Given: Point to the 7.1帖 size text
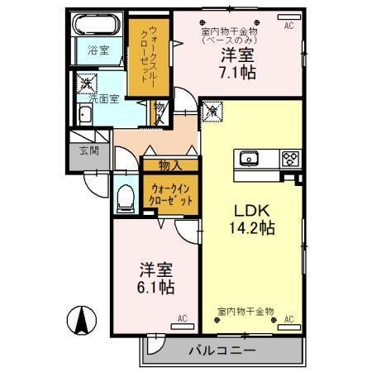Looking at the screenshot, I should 237,73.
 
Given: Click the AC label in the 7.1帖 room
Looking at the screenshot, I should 289,26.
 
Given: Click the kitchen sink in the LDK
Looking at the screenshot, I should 250,158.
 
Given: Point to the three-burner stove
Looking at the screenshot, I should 290,157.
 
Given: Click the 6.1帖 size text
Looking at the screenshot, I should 155,286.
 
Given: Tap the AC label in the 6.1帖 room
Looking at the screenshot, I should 183,317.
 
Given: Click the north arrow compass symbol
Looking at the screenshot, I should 83,321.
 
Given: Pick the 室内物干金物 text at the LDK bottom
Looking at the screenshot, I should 246,312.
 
